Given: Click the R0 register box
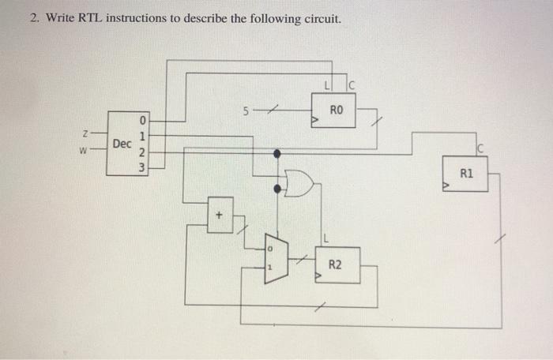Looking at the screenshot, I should point(336,111).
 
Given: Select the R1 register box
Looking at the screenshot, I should point(466,174).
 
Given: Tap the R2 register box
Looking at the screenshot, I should point(336,264).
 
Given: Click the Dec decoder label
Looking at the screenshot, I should point(122,144).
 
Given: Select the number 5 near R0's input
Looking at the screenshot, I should point(246,111).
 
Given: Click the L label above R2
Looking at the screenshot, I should point(325,238).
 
